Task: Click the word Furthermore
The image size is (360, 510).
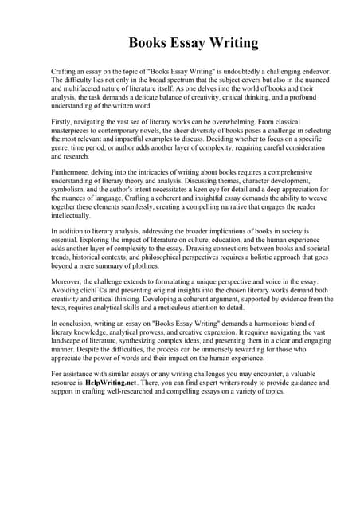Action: [x=72, y=172]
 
